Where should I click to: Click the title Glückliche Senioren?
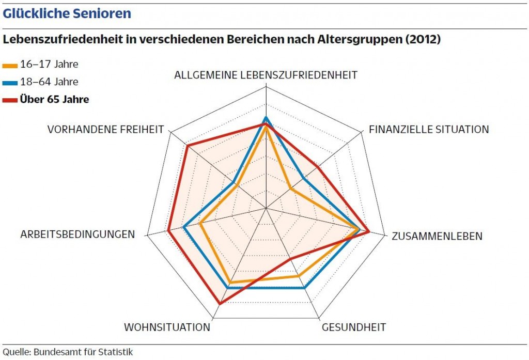[67, 13]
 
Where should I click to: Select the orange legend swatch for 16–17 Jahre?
[10, 66]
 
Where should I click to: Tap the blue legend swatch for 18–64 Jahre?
[10, 83]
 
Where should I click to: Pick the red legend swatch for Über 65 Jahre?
[10, 100]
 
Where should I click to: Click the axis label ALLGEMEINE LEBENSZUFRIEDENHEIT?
[266, 75]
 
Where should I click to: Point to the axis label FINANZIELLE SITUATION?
[429, 130]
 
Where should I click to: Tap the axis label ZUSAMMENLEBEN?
[437, 237]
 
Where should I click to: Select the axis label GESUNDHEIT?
[354, 327]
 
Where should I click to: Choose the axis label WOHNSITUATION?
[167, 327]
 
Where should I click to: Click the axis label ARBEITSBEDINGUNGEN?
[77, 234]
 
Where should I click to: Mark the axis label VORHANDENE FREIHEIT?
[106, 130]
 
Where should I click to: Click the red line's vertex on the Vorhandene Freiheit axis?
[187, 146]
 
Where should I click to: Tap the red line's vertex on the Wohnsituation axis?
[220, 304]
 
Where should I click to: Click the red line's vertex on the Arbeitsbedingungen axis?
[168, 230]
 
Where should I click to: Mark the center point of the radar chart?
[266, 208]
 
